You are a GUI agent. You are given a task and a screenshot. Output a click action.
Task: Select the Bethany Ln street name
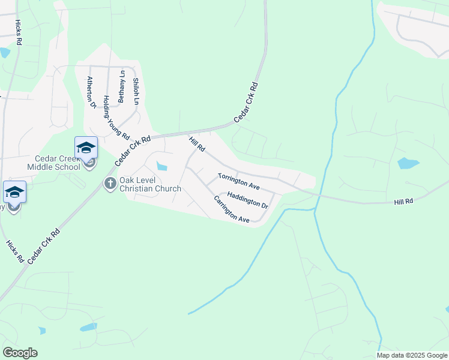pos(122,87)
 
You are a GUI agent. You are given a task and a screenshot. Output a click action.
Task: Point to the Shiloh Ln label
pos(136,92)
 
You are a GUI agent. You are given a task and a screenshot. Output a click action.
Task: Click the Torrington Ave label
pos(238,181)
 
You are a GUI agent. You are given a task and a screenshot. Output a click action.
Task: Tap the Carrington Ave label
pos(231,209)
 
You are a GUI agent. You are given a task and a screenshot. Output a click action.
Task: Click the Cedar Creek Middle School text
pos(54,162)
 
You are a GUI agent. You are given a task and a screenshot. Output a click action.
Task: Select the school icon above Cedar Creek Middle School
pos(86,148)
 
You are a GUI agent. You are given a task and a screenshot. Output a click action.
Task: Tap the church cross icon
pos(110,183)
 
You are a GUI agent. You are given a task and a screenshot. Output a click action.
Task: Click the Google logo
pos(20,353)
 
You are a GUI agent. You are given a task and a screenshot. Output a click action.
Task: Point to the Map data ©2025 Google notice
pos(411,355)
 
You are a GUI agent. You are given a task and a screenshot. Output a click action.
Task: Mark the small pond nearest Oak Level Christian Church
pos(161,166)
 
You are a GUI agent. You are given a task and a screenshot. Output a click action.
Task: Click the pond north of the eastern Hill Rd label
pos(408,163)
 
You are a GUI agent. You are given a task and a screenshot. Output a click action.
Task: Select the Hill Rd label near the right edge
pos(404,202)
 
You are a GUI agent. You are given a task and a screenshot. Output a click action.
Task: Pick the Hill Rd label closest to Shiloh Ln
pos(197,145)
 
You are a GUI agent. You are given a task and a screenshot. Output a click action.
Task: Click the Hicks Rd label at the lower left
pos(14,251)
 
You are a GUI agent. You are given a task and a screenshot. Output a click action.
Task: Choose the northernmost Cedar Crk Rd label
pos(246,103)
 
